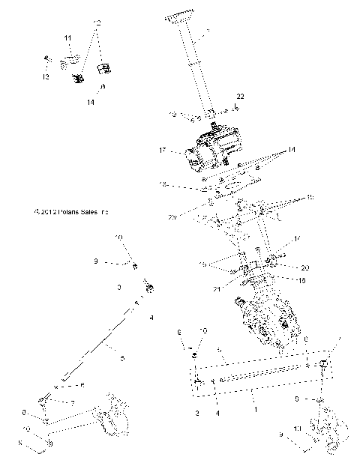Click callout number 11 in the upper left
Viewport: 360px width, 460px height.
pyautogui.click(x=67, y=37)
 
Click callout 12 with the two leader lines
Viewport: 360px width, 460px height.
pyautogui.click(x=96, y=24)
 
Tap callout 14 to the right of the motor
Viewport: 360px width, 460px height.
pyautogui.click(x=291, y=151)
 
